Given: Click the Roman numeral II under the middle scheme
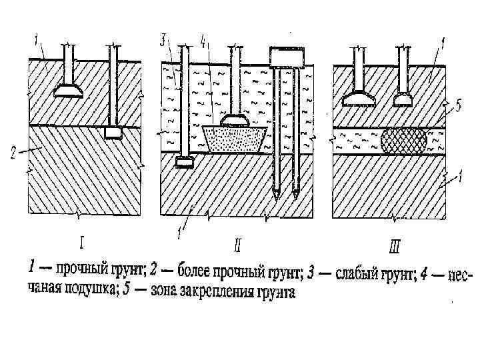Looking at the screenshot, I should pos(237,245).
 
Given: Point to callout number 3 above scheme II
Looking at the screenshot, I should pos(163,39).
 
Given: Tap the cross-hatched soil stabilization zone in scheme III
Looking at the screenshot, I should pos(405,141).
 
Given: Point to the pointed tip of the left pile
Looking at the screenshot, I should pos(277,195).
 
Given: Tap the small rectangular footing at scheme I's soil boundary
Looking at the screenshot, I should pos(113,133).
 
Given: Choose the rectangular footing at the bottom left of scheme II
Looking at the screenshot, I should pos(183,161).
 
